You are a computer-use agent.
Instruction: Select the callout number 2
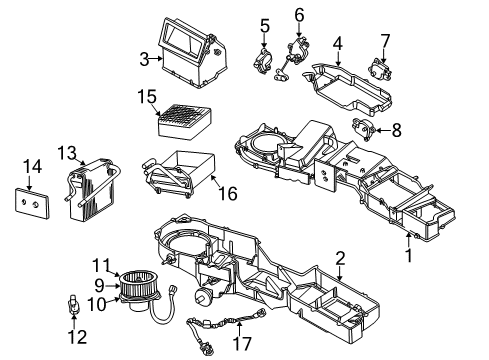click(x=341, y=258)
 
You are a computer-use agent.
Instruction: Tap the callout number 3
click(x=144, y=59)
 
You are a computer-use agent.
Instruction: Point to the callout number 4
click(x=338, y=43)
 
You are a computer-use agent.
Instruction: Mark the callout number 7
click(x=384, y=39)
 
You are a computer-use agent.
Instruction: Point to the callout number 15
click(x=148, y=97)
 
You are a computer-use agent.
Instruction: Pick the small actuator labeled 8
click(x=368, y=128)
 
